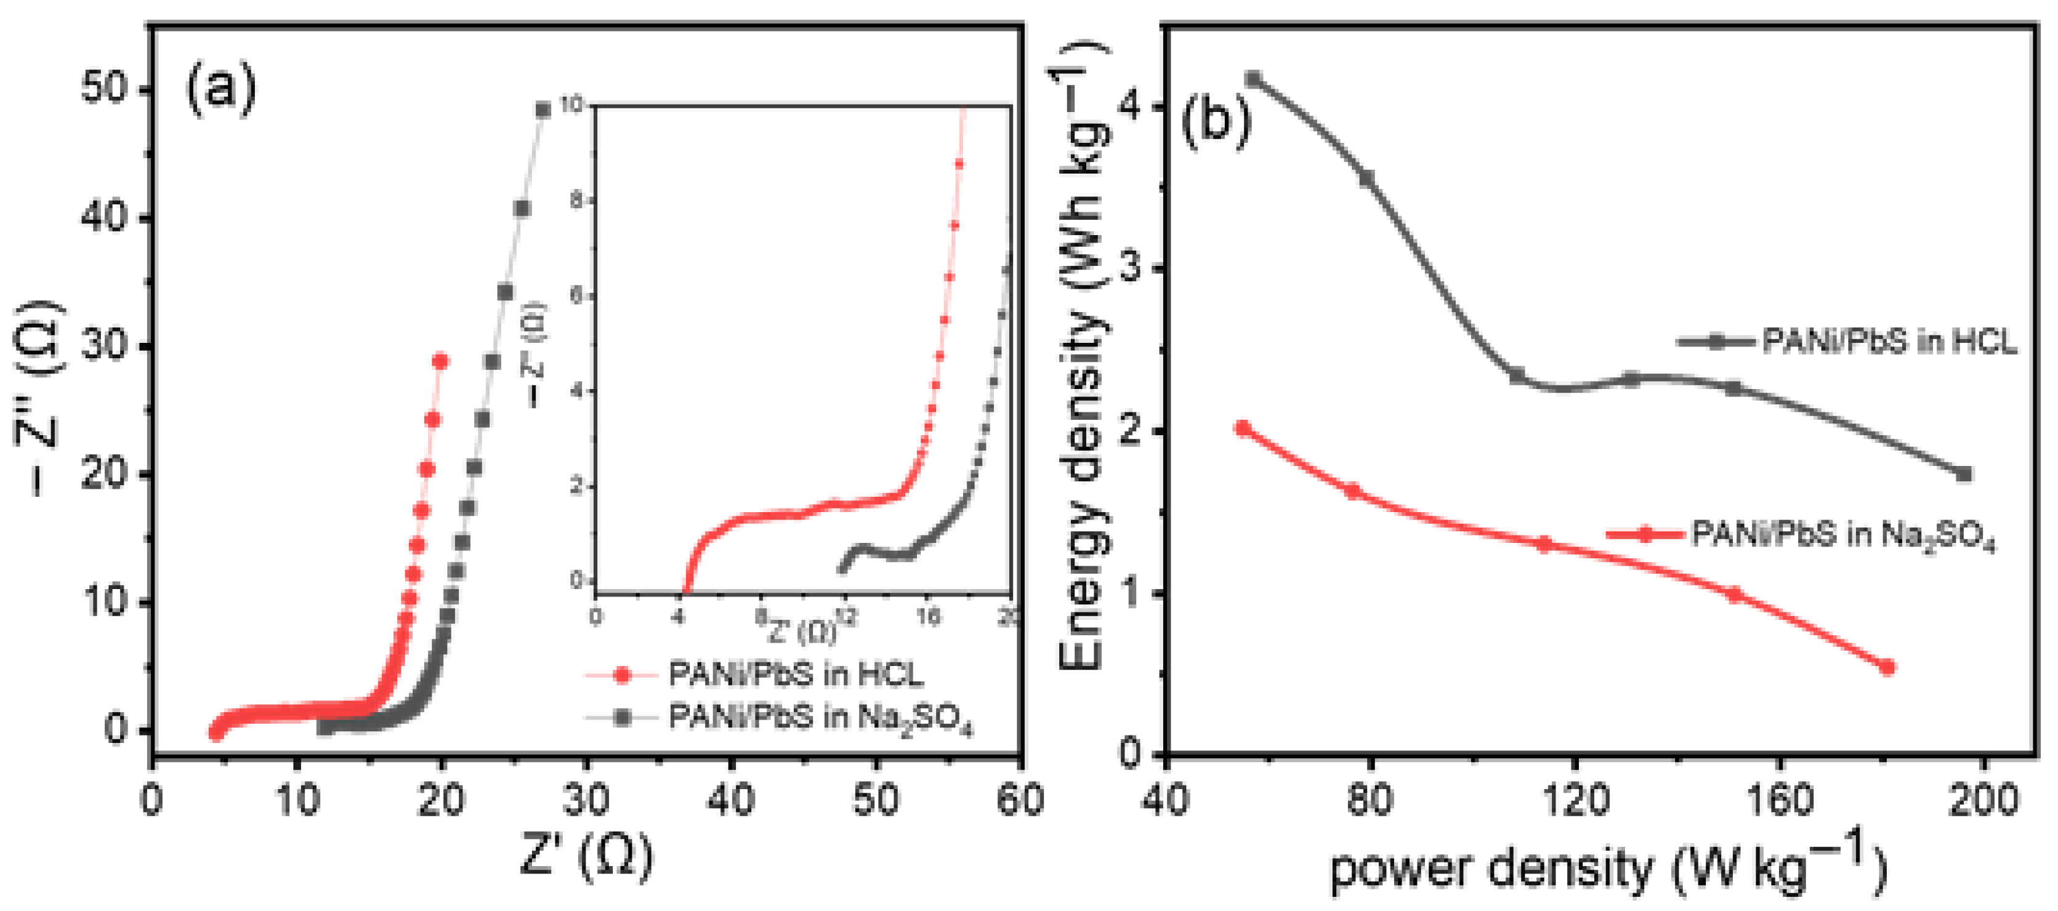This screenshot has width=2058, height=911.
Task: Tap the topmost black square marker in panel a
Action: point(543,110)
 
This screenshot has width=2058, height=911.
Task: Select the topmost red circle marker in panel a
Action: point(440,362)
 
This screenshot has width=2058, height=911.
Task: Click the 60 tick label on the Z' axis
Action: point(1020,799)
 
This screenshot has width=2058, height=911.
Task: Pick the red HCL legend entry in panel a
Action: point(795,675)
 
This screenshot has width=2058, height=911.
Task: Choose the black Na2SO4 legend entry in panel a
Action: point(820,718)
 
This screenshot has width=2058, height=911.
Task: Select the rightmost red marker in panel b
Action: point(1887,667)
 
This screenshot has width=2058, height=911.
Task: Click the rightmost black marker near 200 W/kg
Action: point(1964,474)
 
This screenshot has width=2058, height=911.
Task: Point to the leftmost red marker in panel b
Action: point(1243,429)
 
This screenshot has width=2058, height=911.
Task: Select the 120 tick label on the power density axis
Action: point(1575,799)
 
